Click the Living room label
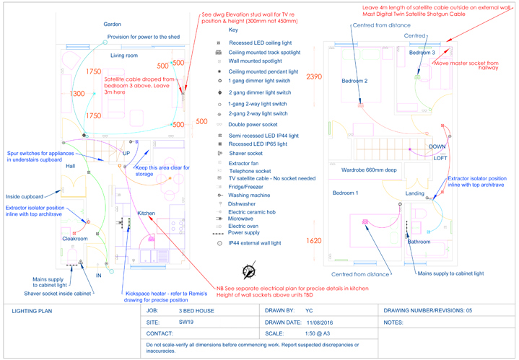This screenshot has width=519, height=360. coord(123,55)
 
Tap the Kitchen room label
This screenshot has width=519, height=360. coord(147,214)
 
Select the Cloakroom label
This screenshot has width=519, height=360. coord(74,238)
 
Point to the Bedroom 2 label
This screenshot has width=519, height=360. coord(354,81)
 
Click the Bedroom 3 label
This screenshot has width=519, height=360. coord(422,53)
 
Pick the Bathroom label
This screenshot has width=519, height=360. coord(419,242)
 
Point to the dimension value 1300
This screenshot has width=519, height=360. coord(77,94)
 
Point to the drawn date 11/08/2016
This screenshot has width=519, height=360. coord(322,322)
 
